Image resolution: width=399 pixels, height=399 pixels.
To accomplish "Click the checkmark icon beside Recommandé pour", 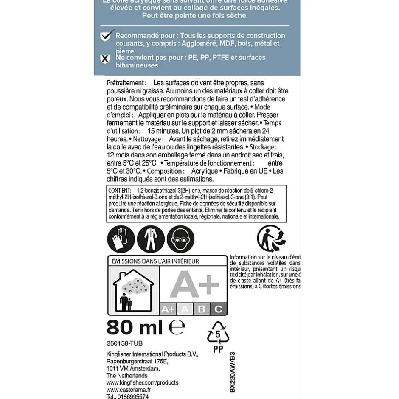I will (107, 35).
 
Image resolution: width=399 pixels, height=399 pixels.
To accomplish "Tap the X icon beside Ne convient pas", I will (105, 59).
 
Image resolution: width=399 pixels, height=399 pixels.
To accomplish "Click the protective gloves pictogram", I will (121, 239).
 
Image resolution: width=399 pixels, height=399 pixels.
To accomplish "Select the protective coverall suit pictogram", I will (151, 239).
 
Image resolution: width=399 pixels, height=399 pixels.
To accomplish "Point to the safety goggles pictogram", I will (180, 239).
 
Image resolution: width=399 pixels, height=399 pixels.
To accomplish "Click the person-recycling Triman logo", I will (271, 239).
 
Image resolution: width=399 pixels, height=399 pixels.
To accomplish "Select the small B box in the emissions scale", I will (202, 309).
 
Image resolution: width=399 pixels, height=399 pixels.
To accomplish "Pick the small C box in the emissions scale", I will (219, 309).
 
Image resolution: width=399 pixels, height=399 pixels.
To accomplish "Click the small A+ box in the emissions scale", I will (168, 309).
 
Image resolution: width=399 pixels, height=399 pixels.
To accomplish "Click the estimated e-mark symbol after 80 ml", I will (177, 327).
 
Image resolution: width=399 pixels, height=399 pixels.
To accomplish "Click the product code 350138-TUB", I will (124, 343).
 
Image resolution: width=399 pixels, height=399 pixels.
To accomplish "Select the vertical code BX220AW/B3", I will (232, 372).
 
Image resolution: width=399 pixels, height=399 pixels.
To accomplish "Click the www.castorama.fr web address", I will (128, 390).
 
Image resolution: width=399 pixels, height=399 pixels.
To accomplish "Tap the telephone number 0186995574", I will (127, 396).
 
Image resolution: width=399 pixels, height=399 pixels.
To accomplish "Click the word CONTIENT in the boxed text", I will (119, 191).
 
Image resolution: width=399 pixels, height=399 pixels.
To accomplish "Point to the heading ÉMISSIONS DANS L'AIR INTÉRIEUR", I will (155, 261).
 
